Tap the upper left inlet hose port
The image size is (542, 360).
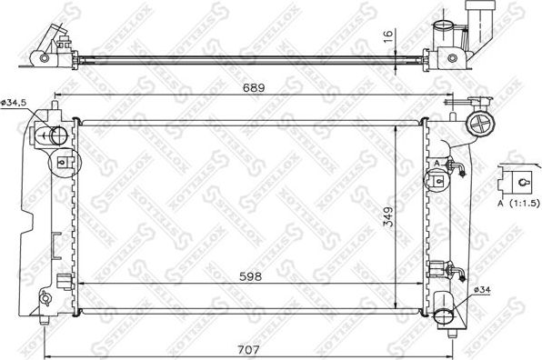point(56,137)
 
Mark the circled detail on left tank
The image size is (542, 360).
point(63,164)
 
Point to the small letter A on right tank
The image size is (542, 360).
point(437,163)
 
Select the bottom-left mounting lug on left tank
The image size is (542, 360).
point(45,298)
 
